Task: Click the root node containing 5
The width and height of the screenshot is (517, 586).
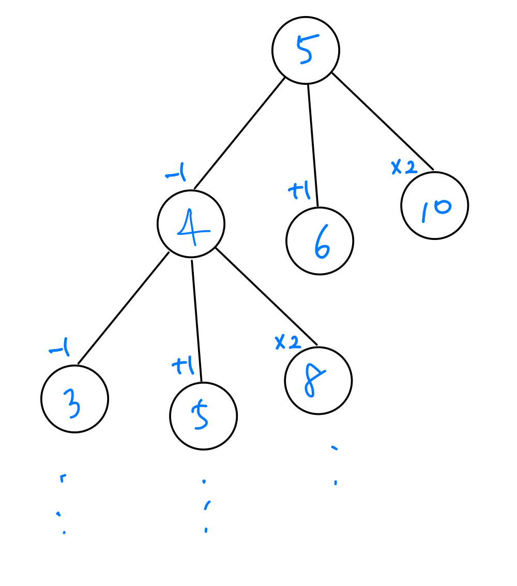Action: coord(306,50)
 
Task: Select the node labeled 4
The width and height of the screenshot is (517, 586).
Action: coord(191,224)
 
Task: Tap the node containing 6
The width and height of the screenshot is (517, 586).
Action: coord(320,241)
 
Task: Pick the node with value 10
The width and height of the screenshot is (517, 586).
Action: coord(434,205)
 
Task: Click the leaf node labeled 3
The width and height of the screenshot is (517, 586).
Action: coord(74,399)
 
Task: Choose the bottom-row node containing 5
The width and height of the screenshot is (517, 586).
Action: coord(203,416)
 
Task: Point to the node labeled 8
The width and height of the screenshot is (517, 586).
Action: coord(318,381)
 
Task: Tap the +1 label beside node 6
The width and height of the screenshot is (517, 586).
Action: coord(298,192)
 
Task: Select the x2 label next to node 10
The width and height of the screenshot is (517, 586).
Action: coord(404,167)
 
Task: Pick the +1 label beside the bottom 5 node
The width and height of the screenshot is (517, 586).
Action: coord(183,367)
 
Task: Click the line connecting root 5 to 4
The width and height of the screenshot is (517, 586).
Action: coord(239,133)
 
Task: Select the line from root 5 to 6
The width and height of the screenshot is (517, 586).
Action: coord(313,145)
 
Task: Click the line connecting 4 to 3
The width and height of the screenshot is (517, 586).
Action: coord(123,308)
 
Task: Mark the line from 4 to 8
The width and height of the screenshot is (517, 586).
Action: coord(266,296)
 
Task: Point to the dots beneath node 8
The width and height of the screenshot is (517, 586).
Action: coord(335,465)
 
